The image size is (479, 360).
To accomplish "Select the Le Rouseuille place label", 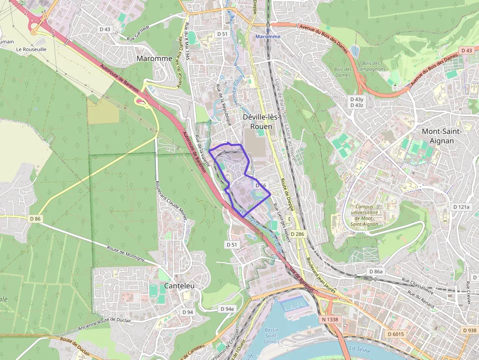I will pos(31,49).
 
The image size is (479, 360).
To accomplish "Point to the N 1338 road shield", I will pos(330,319).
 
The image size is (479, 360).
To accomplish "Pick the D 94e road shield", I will pos(227,309).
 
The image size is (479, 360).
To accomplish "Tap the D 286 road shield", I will pos(297,234).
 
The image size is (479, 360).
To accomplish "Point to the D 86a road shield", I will pos(376,271).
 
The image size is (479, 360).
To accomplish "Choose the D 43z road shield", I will pos(357,105).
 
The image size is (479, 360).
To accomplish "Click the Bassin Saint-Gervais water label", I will pos(272,336).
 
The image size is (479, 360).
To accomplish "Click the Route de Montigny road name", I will pos(126,253).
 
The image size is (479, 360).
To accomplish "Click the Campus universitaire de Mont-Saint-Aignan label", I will pos(368,215).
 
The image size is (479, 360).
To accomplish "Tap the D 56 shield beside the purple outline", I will pos(261,186).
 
